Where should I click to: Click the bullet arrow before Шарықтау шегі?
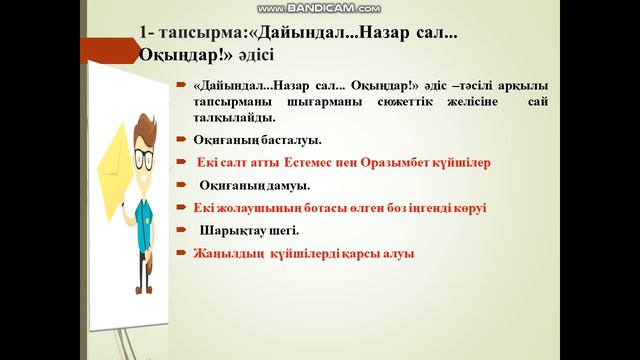pyautogui.click(x=186, y=231)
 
